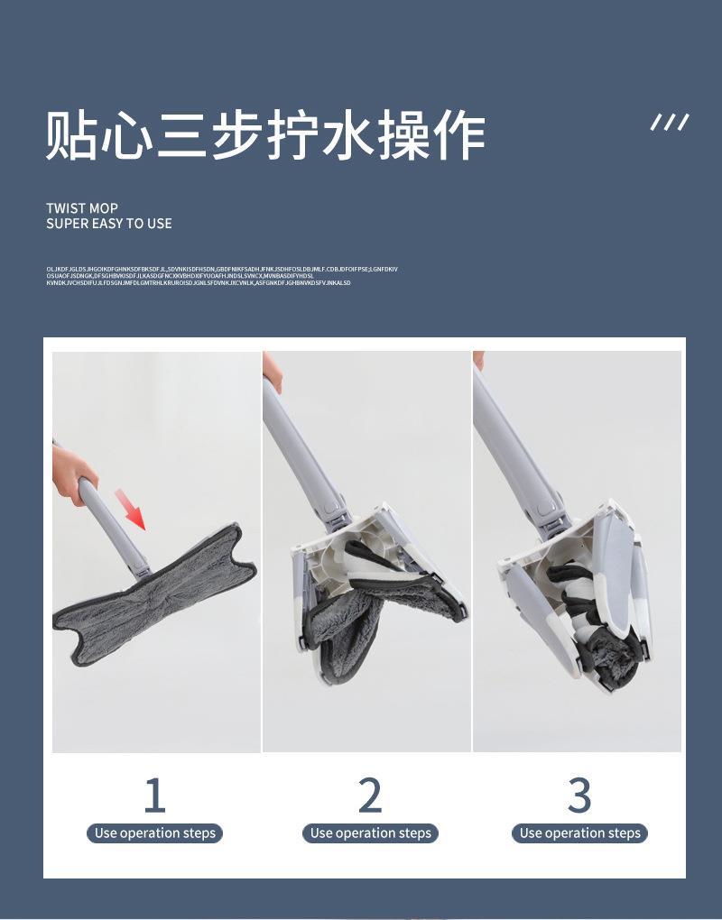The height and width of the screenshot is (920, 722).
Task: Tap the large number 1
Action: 154,795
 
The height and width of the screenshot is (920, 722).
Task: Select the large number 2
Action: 370,795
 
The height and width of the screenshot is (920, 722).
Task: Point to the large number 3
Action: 579,795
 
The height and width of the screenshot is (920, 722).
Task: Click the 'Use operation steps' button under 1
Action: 155,833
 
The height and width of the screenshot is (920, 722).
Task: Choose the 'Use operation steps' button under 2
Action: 370,833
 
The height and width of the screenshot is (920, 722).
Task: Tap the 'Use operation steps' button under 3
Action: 579,833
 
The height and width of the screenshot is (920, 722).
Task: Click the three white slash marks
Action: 670,123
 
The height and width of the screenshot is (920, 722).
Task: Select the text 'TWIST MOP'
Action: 82,208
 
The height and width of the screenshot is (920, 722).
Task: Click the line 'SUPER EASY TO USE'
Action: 109,224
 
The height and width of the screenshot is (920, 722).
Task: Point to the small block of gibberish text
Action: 221,276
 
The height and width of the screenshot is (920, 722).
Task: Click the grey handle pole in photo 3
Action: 514,442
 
